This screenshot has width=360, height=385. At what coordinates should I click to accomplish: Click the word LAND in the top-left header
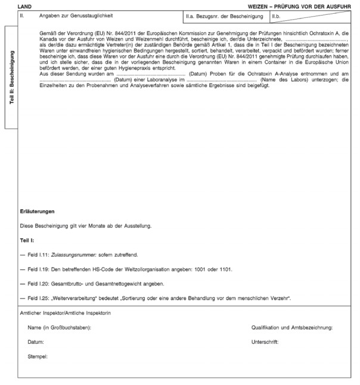25,5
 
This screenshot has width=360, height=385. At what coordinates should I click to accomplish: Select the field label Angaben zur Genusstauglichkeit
77,14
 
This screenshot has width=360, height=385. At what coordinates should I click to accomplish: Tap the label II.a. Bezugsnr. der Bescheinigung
225,14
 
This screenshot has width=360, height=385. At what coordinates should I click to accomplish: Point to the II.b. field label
277,14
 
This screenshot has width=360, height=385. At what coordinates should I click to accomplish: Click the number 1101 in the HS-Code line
225,269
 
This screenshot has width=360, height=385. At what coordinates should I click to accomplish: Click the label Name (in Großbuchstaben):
59,328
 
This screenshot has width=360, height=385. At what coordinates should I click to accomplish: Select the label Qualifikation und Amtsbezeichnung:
292,328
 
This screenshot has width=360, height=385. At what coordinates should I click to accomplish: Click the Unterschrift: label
265,342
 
